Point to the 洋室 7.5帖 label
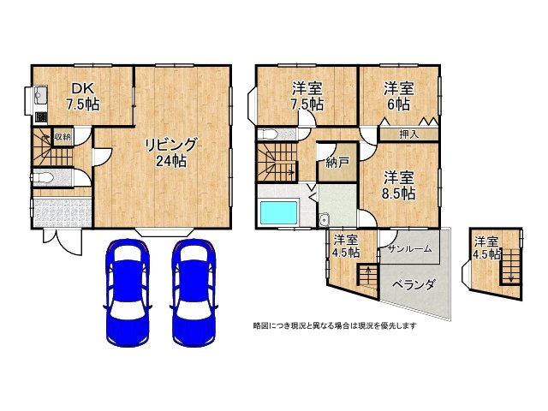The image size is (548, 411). click(x=307, y=95)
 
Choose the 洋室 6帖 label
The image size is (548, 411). click(x=398, y=95)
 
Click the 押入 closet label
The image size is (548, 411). click(x=410, y=134)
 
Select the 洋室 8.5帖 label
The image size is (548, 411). click(x=399, y=185)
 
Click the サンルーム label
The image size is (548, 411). click(x=409, y=248)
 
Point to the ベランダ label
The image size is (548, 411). click(x=414, y=284)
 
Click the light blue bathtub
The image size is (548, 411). click(x=277, y=211)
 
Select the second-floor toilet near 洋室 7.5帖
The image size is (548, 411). click(x=269, y=134)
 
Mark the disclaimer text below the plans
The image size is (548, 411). click(x=335, y=325)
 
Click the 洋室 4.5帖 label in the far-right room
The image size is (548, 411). click(x=487, y=247)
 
